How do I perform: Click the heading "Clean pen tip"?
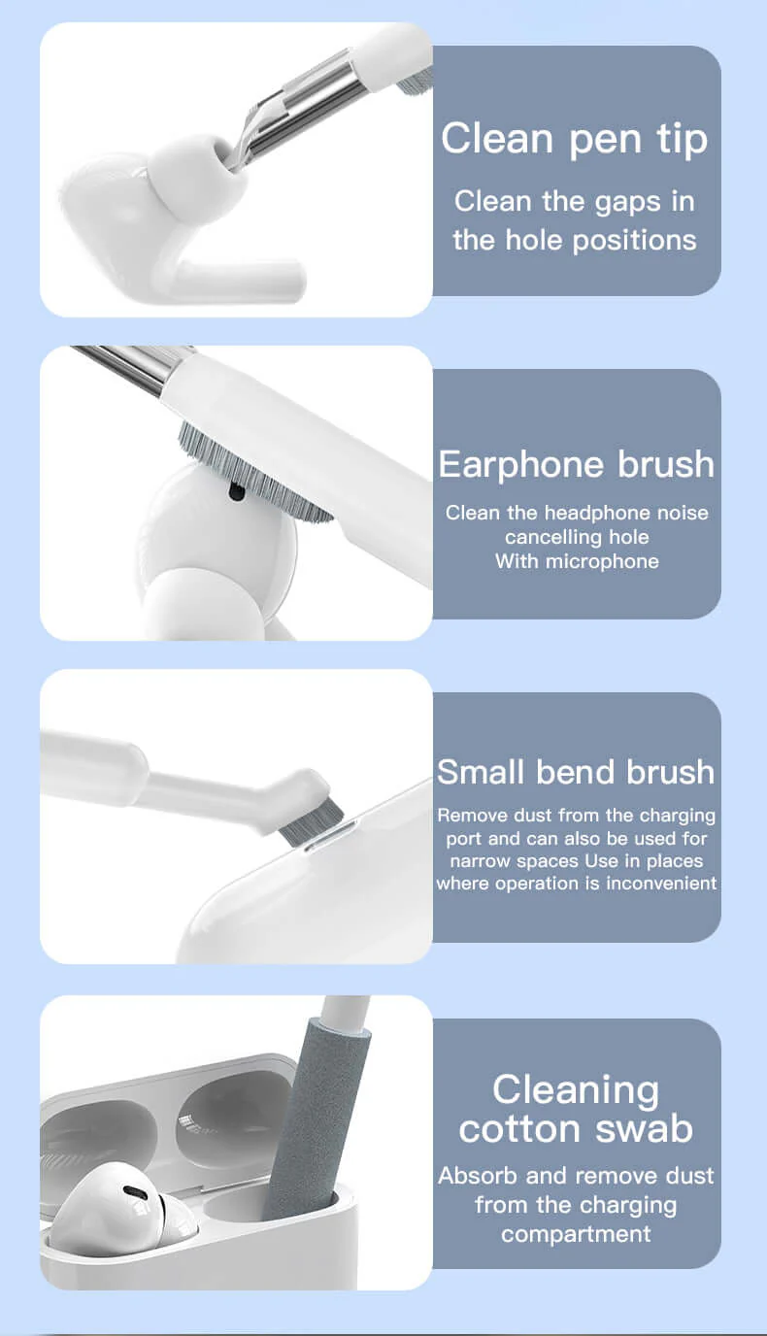tap(575, 140)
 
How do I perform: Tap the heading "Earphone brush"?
tap(577, 464)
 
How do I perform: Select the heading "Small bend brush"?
tap(576, 772)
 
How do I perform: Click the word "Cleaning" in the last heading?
tap(576, 1089)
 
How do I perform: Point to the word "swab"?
tap(645, 1128)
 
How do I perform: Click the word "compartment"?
tap(576, 1234)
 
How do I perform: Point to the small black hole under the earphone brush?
tap(235, 492)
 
